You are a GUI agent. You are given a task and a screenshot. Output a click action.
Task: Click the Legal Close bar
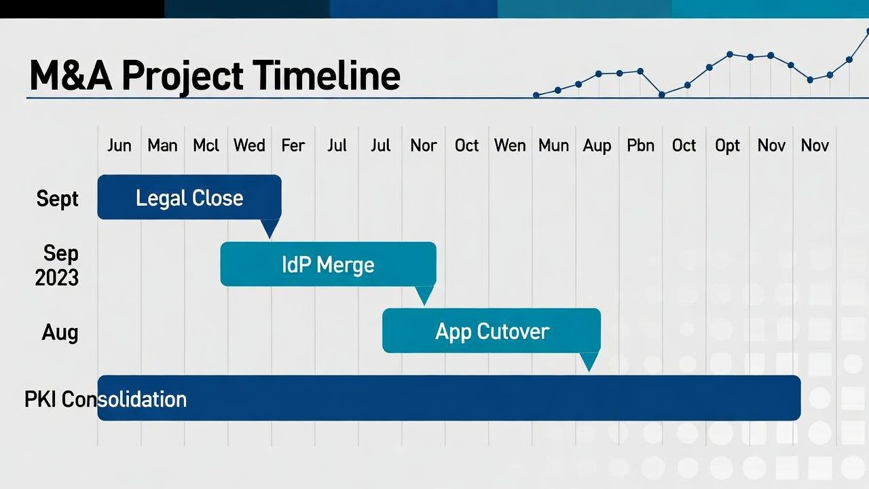coord(189,198)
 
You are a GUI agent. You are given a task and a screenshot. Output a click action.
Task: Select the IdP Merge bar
coord(328,264)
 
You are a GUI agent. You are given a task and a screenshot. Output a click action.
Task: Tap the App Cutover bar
coord(492,331)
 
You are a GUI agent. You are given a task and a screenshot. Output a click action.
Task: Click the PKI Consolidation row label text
coord(105,399)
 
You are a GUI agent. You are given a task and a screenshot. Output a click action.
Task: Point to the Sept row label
coord(58,199)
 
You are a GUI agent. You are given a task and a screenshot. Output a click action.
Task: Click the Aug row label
coord(60,332)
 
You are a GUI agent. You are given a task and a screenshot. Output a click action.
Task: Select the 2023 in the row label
coord(57,278)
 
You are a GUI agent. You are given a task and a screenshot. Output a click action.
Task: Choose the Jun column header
coord(119,145)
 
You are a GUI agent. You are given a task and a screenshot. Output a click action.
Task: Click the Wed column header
coord(249,145)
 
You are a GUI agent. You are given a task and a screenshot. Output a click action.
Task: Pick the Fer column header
coord(293,145)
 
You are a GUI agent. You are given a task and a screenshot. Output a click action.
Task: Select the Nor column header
coord(424,145)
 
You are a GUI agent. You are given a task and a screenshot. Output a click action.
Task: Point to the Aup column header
coord(597,145)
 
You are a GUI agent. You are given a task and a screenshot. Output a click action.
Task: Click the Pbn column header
coord(640,145)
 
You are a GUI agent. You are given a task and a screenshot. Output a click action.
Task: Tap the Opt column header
coord(727,145)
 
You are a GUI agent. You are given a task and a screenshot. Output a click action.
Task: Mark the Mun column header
coord(553,145)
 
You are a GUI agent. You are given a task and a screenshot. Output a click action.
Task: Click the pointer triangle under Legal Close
coord(270,228)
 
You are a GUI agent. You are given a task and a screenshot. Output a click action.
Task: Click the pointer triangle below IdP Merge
coord(424,295)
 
